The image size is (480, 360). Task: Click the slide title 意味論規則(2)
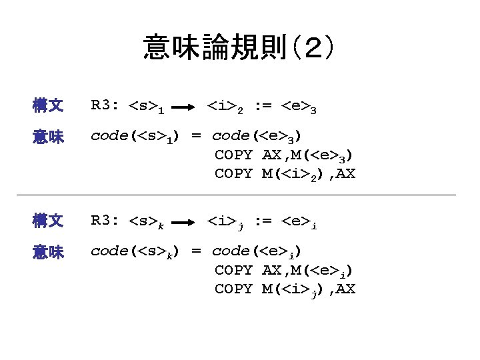tap(239, 48)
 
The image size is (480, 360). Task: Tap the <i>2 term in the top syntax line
tap(226, 105)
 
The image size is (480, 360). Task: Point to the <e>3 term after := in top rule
tap(298, 105)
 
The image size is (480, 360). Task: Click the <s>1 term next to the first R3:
tap(148, 105)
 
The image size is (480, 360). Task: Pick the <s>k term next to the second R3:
tap(148, 221)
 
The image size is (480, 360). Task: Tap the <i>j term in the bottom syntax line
tap(226, 221)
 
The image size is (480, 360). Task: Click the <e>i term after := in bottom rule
tap(298, 221)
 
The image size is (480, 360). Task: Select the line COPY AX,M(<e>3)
tap(284, 155)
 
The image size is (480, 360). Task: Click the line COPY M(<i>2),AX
tap(285, 174)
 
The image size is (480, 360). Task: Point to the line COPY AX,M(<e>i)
tap(284, 270)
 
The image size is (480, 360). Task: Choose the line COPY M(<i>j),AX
tap(285, 289)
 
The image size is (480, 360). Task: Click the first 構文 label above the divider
tap(48, 105)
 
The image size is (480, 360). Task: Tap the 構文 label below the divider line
tap(48, 221)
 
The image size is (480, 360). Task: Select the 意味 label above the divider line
tap(48, 137)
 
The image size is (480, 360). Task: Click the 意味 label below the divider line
tap(48, 252)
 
